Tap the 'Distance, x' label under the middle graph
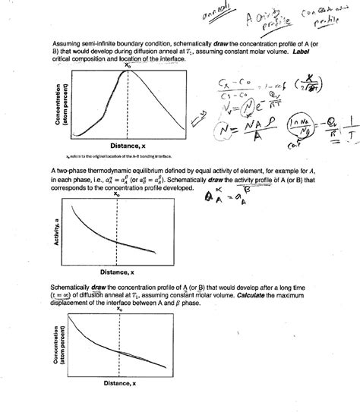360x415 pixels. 118,272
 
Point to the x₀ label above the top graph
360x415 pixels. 127,64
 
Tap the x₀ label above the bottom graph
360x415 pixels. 119,310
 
